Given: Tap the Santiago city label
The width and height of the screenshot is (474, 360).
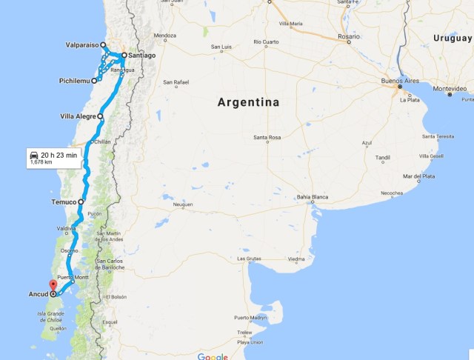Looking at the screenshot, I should (x=141, y=56).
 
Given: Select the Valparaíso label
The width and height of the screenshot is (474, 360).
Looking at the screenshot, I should (x=77, y=44).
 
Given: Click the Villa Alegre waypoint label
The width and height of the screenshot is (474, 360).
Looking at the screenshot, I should (x=77, y=116).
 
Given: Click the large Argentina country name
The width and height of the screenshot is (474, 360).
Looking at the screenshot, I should (x=248, y=102).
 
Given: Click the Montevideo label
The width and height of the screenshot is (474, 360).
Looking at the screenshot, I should (x=450, y=88).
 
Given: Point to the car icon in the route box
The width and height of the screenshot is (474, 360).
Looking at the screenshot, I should (x=34, y=155).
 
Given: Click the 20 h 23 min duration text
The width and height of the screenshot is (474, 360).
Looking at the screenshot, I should (x=59, y=155).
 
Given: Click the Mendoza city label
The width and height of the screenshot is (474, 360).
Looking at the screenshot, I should (x=164, y=36).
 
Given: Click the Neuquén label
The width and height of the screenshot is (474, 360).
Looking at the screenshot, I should (x=182, y=204).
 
